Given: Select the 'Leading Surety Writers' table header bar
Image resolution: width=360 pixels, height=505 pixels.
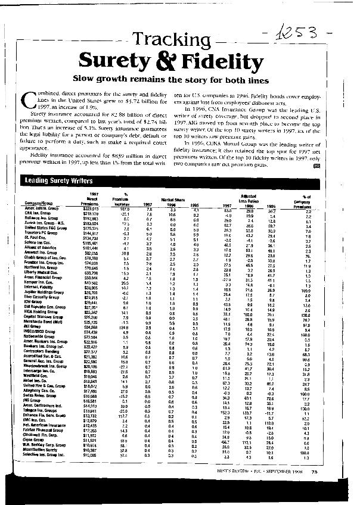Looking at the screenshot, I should [x=179, y=179].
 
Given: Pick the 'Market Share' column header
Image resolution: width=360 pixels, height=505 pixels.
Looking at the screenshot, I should [x=172, y=199].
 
